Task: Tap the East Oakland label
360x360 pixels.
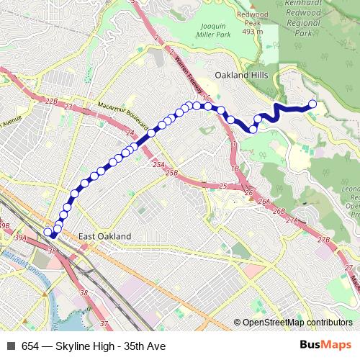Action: pos(105,236)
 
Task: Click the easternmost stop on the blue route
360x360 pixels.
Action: pos(313,104)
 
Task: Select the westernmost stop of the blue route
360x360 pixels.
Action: pos(48,232)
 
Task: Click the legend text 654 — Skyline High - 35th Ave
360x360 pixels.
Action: pos(93,346)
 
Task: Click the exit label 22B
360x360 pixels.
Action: pos(50,102)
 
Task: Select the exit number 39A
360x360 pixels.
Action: pos(20,238)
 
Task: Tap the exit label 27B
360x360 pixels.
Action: pos(323,239)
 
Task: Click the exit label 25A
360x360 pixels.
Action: pos(159,165)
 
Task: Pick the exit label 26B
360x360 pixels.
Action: pos(279,210)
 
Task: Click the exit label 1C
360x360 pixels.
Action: pos(205,97)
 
